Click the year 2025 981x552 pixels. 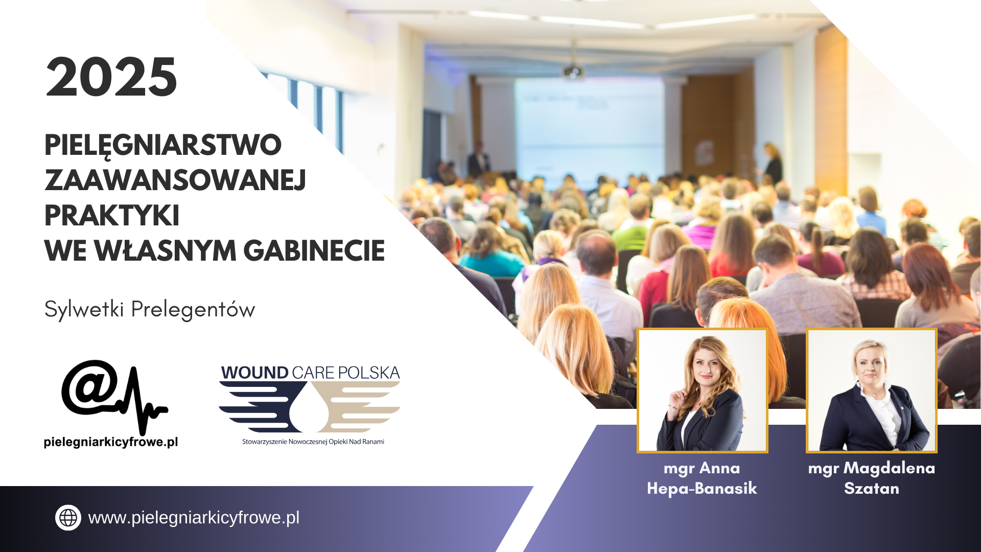[111, 77]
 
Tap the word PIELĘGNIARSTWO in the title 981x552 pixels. [163, 146]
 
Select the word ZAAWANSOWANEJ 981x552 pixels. [175, 180]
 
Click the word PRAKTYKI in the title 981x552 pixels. [112, 215]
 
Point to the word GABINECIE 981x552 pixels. [314, 250]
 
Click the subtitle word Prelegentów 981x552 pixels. [193, 310]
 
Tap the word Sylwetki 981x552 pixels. [84, 310]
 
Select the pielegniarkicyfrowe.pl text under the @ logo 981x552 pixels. [111, 442]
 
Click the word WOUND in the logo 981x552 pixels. [255, 373]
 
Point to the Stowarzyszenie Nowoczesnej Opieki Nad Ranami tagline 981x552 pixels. [313, 442]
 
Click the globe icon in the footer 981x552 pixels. [68, 518]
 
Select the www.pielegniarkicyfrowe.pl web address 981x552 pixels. [194, 518]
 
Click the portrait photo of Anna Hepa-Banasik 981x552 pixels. [703, 390]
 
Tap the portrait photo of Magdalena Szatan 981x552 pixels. [872, 390]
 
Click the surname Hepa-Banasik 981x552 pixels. [702, 489]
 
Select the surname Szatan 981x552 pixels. [872, 489]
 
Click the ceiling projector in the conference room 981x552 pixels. [573, 72]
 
